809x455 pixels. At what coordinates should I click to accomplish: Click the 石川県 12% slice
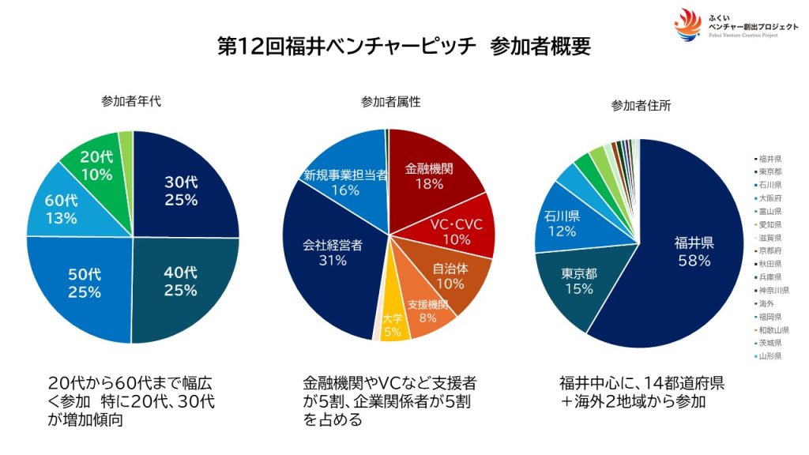(x=562, y=224)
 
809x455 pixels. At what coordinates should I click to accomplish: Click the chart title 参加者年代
(x=133, y=101)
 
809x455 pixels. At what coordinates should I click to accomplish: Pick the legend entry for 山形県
(x=771, y=356)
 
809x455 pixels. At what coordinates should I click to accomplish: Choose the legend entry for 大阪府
(x=771, y=198)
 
